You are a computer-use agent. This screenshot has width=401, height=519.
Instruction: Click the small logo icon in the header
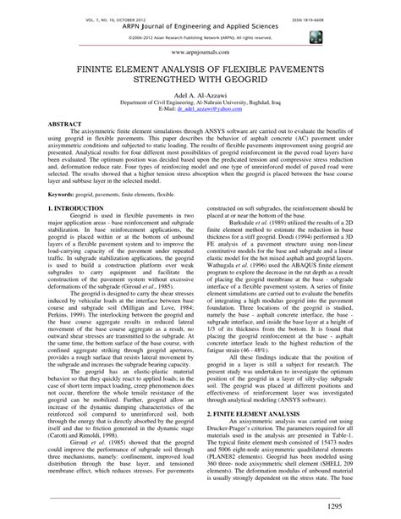[315, 37]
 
